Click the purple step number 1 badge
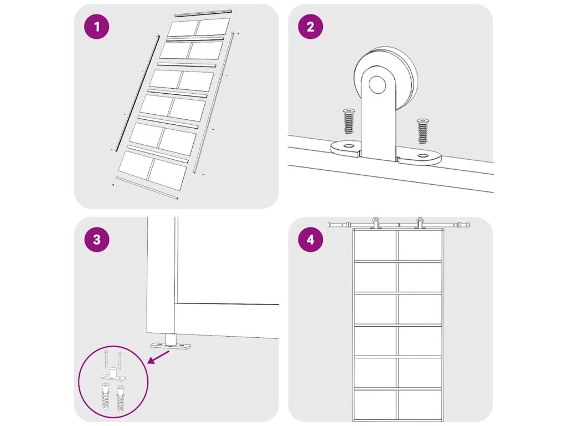96,27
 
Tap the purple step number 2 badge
310,27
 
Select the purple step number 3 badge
96,240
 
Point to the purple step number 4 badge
310,240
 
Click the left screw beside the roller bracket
349,121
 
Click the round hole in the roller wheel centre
377,84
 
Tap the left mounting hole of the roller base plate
349,146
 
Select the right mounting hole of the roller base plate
422,156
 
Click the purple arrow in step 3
159,357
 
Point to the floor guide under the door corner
171,343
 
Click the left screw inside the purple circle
106,359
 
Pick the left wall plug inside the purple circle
105,396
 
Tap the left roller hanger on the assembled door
376,223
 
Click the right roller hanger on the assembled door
420,223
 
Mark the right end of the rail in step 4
468,225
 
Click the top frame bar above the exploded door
203,13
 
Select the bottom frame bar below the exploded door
146,187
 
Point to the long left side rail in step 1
137,93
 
